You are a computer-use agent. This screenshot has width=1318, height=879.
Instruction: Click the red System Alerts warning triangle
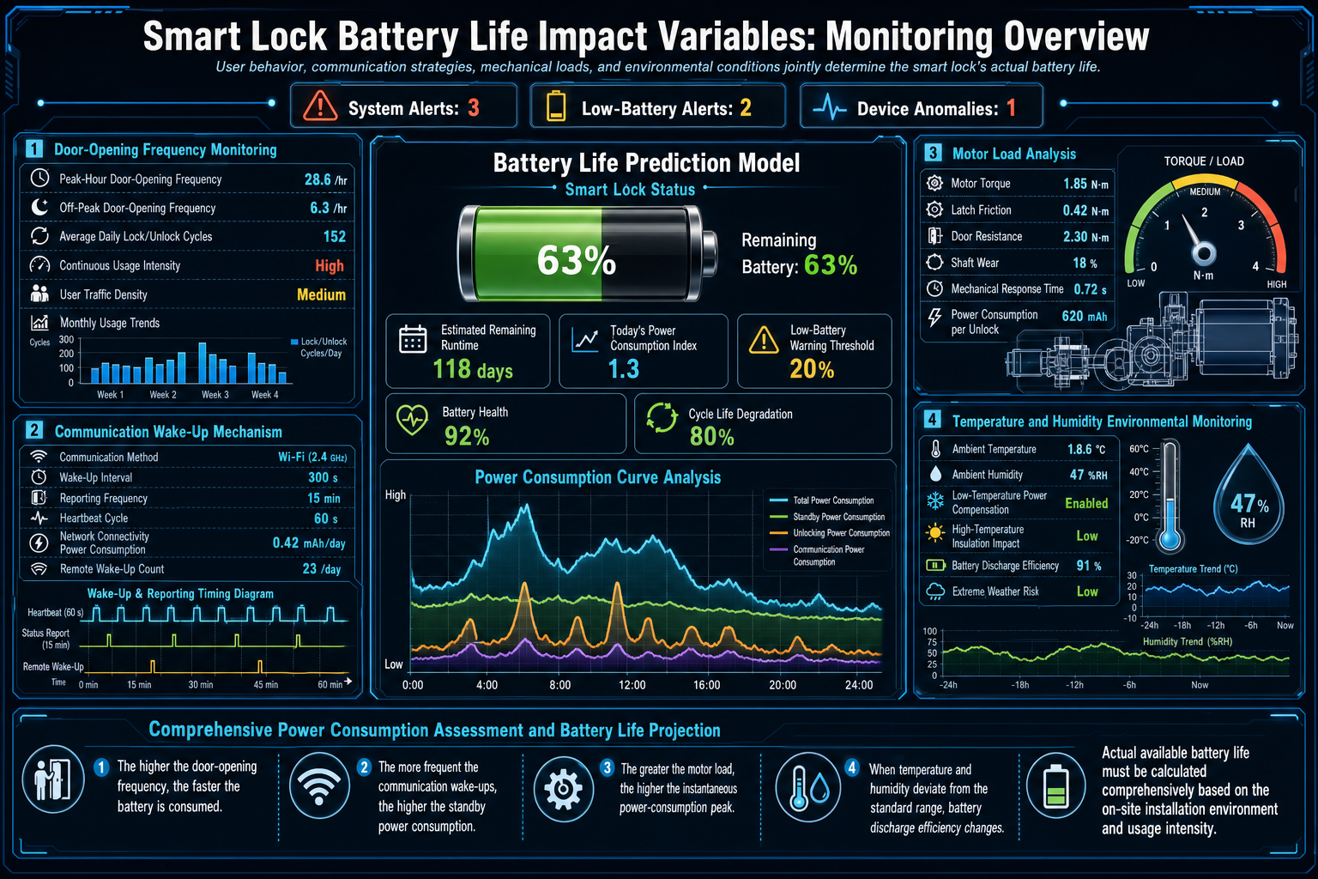pos(320,106)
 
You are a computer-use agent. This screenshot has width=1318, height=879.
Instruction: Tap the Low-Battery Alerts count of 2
pos(746,108)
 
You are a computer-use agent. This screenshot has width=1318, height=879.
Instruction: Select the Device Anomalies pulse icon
pos(829,108)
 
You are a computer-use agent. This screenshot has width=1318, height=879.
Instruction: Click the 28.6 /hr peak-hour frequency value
pos(325,179)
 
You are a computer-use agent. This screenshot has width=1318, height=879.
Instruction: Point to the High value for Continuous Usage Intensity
pos(329,265)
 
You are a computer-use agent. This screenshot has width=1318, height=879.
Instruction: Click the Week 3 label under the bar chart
pos(215,395)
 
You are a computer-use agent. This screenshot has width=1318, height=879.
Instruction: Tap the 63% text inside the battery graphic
pos(576,260)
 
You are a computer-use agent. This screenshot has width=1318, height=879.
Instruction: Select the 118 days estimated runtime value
pos(473,370)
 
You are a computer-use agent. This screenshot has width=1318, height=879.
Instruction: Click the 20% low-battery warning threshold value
pos(812,369)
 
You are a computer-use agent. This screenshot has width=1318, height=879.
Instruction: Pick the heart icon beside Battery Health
pos(413,420)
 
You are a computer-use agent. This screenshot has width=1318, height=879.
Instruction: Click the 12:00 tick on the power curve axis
pos(632,685)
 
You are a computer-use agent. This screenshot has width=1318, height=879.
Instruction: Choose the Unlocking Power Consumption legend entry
pos(830,533)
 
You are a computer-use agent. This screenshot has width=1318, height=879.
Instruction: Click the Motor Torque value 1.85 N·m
pos(1085,184)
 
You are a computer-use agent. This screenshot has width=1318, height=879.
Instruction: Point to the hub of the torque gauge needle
pos(1203,254)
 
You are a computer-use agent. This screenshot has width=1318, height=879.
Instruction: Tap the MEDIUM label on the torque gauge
pos(1205,192)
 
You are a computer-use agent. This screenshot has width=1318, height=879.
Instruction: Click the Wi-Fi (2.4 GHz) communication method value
pos(311,457)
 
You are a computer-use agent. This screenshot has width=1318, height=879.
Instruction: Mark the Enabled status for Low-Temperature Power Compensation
pos(1086,503)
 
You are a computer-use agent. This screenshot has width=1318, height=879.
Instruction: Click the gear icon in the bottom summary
pos(563,789)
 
